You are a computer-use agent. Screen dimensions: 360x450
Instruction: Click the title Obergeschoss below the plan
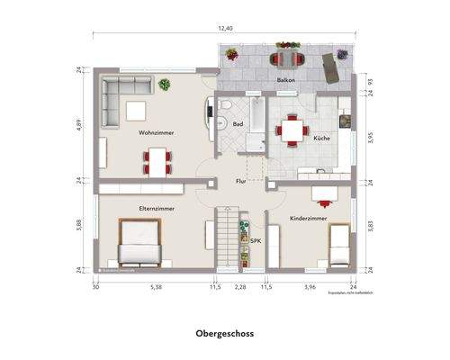tap(225, 332)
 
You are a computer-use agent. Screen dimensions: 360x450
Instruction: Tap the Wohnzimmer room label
tap(156, 132)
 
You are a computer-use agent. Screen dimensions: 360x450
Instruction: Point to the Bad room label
tap(238, 124)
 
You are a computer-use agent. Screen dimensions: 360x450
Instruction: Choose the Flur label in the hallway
tap(241, 181)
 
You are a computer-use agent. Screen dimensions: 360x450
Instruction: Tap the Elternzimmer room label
tap(157, 208)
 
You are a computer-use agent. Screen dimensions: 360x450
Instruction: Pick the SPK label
tap(256, 241)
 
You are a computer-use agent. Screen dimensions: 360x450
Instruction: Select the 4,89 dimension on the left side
tap(79, 125)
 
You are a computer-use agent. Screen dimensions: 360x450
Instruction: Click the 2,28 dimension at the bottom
tap(240, 289)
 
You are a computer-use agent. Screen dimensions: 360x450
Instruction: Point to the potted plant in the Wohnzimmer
tap(166, 85)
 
